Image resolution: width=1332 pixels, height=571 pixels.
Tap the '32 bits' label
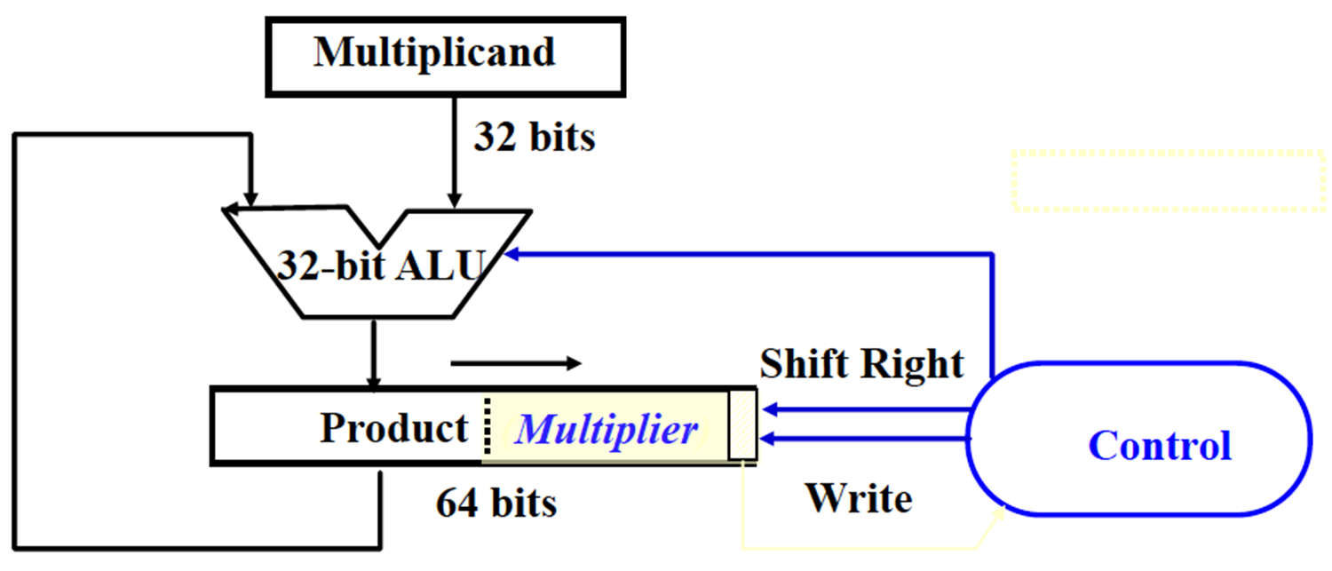534,138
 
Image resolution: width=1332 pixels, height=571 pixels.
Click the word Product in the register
393,429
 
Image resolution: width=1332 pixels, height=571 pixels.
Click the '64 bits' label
496,504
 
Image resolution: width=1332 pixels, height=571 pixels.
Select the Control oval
1138,440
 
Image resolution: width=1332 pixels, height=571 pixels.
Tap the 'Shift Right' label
860,364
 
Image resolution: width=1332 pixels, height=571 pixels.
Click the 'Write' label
858,498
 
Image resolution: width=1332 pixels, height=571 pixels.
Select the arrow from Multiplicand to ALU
454,151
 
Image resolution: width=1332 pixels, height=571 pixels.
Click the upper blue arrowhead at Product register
769,409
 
